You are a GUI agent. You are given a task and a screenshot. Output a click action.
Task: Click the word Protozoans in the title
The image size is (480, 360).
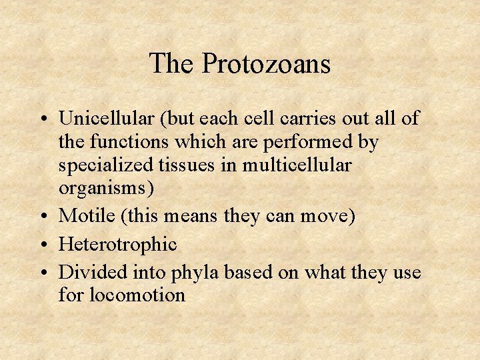(x=266, y=64)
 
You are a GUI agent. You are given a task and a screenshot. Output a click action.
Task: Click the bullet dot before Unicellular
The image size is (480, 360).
(x=43, y=120)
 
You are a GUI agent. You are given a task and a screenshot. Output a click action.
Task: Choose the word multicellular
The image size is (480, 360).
(x=315, y=165)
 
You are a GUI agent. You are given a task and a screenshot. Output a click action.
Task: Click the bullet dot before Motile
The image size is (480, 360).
(x=43, y=217)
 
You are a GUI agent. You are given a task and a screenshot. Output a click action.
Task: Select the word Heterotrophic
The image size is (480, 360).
(x=117, y=245)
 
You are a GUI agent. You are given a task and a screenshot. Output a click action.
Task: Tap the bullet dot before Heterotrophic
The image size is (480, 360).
(x=43, y=246)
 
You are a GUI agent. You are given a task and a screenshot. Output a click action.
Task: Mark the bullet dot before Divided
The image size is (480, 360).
(x=43, y=274)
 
